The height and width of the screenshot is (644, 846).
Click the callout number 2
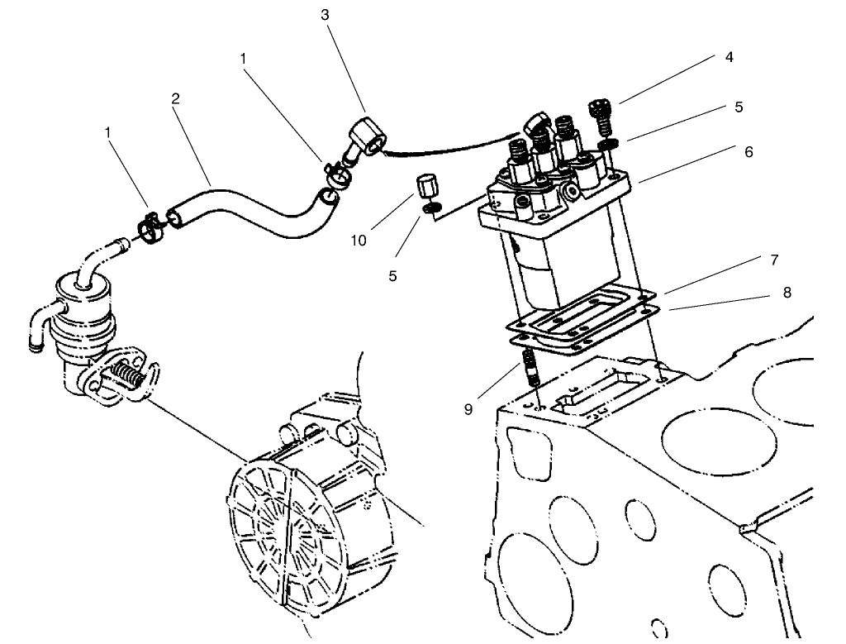(175, 98)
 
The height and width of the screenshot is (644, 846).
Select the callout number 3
(325, 14)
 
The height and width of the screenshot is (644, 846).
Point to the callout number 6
(749, 152)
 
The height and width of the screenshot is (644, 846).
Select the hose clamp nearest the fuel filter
(150, 226)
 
